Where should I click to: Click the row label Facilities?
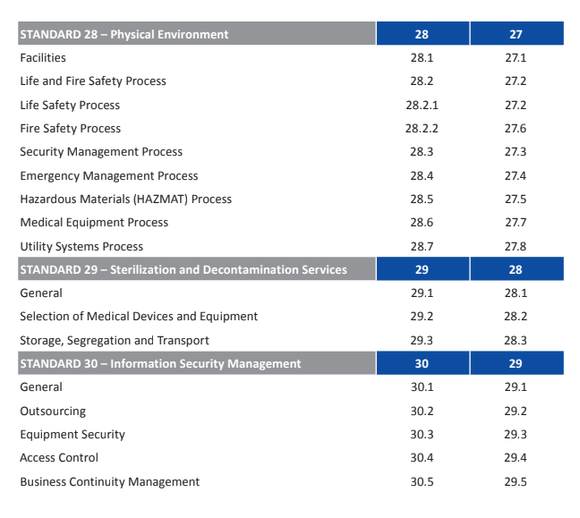click(x=43, y=57)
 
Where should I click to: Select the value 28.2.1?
click(x=422, y=105)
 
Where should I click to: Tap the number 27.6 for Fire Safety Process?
click(x=516, y=128)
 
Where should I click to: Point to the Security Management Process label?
click(x=101, y=152)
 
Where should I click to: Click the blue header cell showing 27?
click(x=516, y=34)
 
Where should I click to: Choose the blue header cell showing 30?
click(x=422, y=363)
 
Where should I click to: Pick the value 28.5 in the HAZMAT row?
click(x=422, y=199)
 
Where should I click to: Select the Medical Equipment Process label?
click(x=94, y=222)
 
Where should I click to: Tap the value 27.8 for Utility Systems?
click(x=516, y=246)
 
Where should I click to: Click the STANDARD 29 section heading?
click(x=183, y=269)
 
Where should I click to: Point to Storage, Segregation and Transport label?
click(x=115, y=340)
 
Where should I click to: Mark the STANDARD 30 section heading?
click(x=160, y=363)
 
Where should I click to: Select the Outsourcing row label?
click(x=53, y=411)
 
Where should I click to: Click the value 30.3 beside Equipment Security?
click(x=422, y=434)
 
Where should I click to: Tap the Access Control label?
click(x=59, y=457)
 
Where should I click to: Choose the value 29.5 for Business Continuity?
click(x=516, y=481)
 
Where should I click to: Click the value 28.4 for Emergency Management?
click(x=422, y=175)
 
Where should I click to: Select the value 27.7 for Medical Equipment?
click(x=516, y=222)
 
